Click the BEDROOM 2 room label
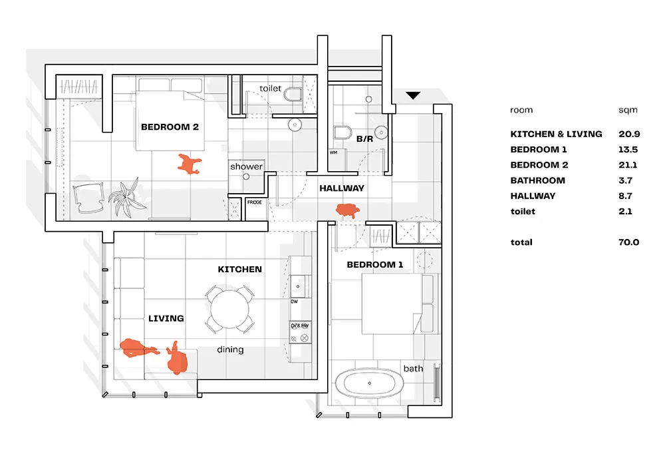click(170, 126)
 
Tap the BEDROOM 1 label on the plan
click(375, 265)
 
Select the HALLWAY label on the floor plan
click(342, 188)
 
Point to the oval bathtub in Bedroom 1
click(368, 385)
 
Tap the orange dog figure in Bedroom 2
click(189, 164)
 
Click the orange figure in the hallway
click(348, 211)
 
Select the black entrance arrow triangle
click(413, 96)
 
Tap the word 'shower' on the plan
click(247, 166)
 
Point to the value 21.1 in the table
click(628, 165)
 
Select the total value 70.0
click(628, 242)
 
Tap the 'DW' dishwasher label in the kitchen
click(294, 302)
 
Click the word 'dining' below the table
click(230, 349)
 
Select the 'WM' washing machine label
click(333, 152)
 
